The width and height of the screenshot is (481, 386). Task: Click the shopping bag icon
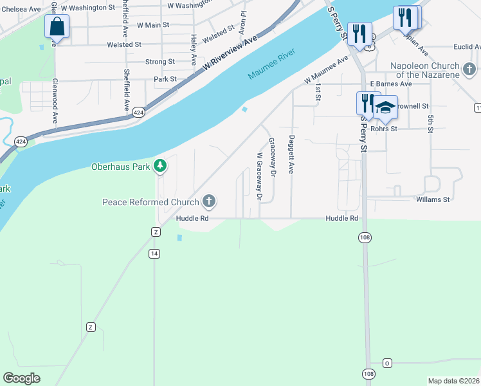coord(57,27)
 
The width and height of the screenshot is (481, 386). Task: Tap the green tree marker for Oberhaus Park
coord(160,166)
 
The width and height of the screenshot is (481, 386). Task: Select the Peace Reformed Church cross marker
coord(208,202)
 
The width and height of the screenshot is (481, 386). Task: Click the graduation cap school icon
coord(386,107)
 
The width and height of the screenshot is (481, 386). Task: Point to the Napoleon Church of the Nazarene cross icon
coord(469,68)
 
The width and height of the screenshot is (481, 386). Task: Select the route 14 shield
coord(154,253)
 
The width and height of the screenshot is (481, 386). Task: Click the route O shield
coord(388,363)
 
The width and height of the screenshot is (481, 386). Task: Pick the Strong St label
coord(160,62)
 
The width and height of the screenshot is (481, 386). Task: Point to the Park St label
coord(165,79)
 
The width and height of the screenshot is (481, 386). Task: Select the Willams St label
coord(432,199)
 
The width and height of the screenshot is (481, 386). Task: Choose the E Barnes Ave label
coord(395,84)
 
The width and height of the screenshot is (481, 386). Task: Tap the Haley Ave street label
coord(193,50)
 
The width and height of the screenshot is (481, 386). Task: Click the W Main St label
coord(152,25)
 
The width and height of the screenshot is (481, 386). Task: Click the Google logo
coord(22,378)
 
